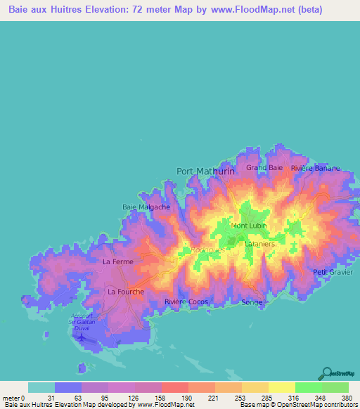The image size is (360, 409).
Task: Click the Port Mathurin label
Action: pos(205,171)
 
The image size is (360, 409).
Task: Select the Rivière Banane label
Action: pos(315,169)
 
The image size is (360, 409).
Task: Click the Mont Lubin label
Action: pos(249,226)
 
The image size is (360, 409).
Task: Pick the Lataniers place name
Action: pos(259,243)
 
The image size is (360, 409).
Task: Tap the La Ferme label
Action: pos(117,262)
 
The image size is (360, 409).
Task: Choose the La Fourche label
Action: pos(126,291)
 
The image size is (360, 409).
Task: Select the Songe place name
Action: pos(252,302)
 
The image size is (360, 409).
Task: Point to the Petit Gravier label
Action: pos(330,271)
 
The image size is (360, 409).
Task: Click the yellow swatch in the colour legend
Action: pos(281,387)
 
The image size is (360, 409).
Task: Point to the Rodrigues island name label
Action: pos(207,249)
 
